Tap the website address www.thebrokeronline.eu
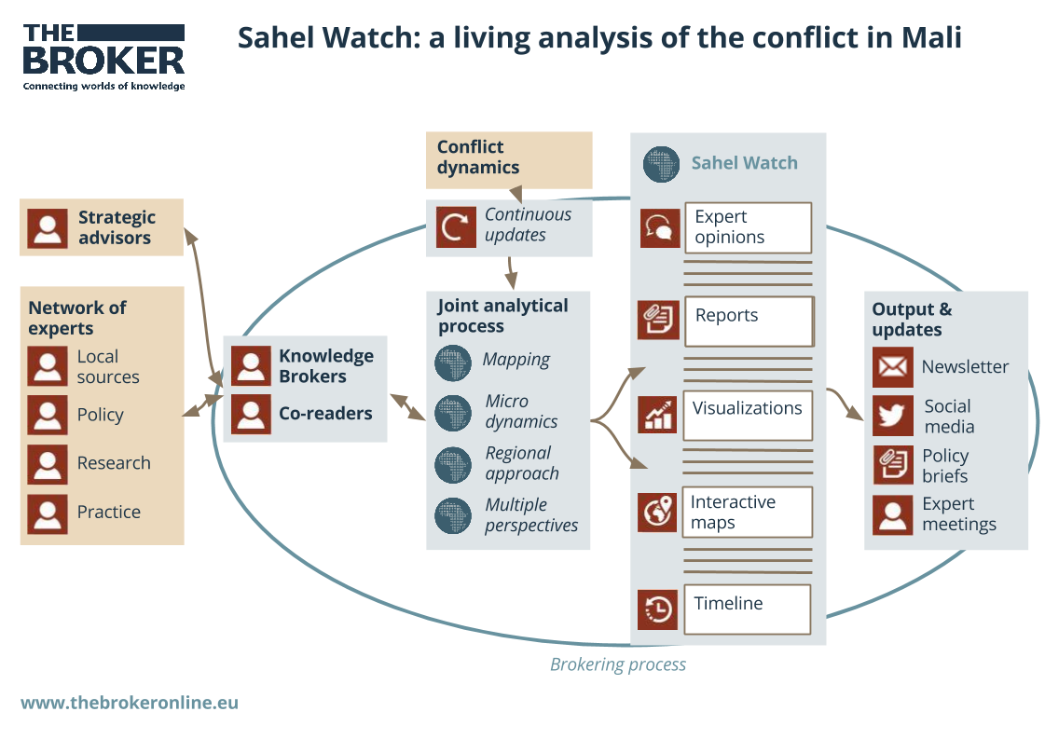point(130,703)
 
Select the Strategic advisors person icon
point(48,227)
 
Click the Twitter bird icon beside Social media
point(892,416)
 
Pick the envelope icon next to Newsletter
point(892,367)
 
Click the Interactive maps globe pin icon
point(658,512)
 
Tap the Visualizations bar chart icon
point(658,414)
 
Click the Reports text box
point(749,321)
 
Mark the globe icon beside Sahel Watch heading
point(662,164)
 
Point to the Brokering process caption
point(617,664)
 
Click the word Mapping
point(516,360)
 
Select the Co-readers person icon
point(251,414)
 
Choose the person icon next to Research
point(48,464)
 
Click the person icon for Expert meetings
point(892,514)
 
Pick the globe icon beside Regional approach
point(454,464)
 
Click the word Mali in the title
point(931,38)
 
